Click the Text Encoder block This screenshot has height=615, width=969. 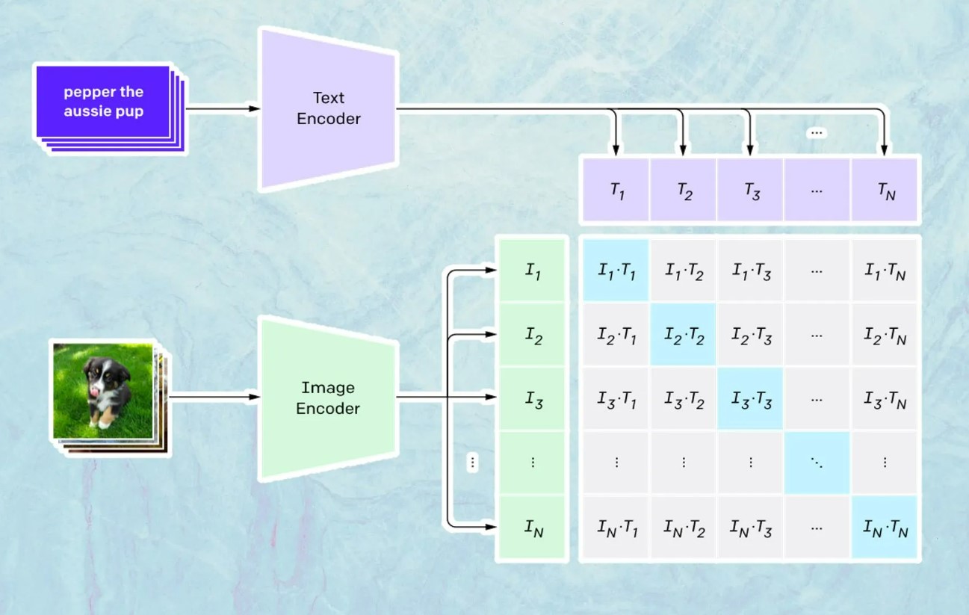tap(328, 109)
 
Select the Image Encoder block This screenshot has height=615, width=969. tap(328, 398)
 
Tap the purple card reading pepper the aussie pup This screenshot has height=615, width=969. tap(103, 102)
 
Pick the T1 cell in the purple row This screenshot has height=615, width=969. tap(616, 191)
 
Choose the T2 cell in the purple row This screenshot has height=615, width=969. tap(684, 191)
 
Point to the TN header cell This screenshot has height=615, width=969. tap(885, 191)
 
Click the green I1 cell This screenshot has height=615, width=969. tap(533, 271)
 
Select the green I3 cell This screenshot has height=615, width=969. tap(533, 400)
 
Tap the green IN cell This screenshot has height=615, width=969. tap(533, 528)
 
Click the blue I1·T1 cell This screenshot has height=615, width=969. tap(616, 271)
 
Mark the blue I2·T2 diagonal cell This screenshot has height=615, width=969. tap(684, 336)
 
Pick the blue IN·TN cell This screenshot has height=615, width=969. tap(885, 528)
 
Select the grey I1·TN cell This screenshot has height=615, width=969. tap(885, 271)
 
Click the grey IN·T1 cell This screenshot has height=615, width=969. tap(616, 528)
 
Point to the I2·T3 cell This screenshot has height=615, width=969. tap(751, 336)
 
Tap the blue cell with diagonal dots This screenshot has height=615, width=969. tap(817, 463)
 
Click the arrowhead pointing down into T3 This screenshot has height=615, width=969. tap(750, 146)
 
